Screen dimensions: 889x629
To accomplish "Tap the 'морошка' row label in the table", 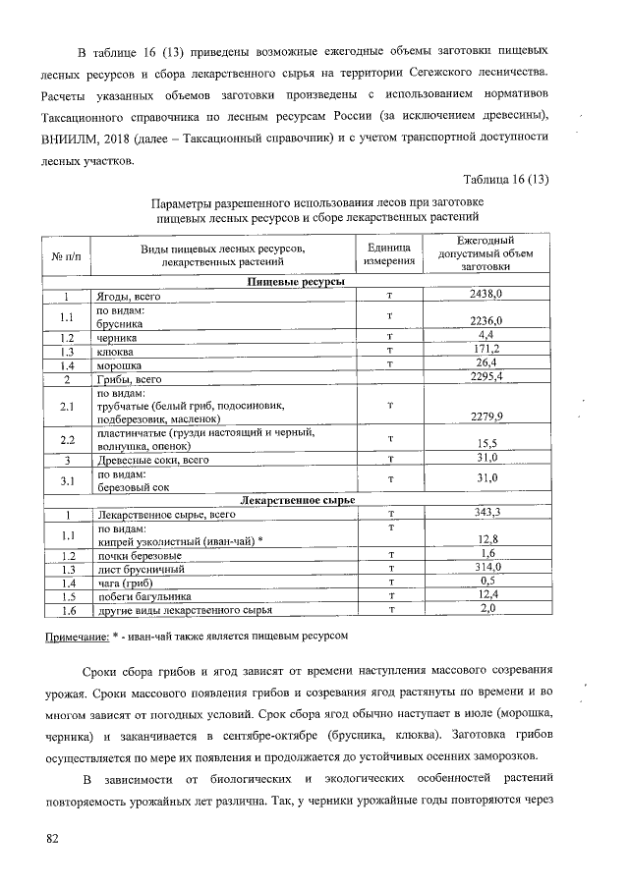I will point(119,364).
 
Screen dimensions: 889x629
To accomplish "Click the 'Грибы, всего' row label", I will point(128,378).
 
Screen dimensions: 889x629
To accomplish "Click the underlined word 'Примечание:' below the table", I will point(77,637).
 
